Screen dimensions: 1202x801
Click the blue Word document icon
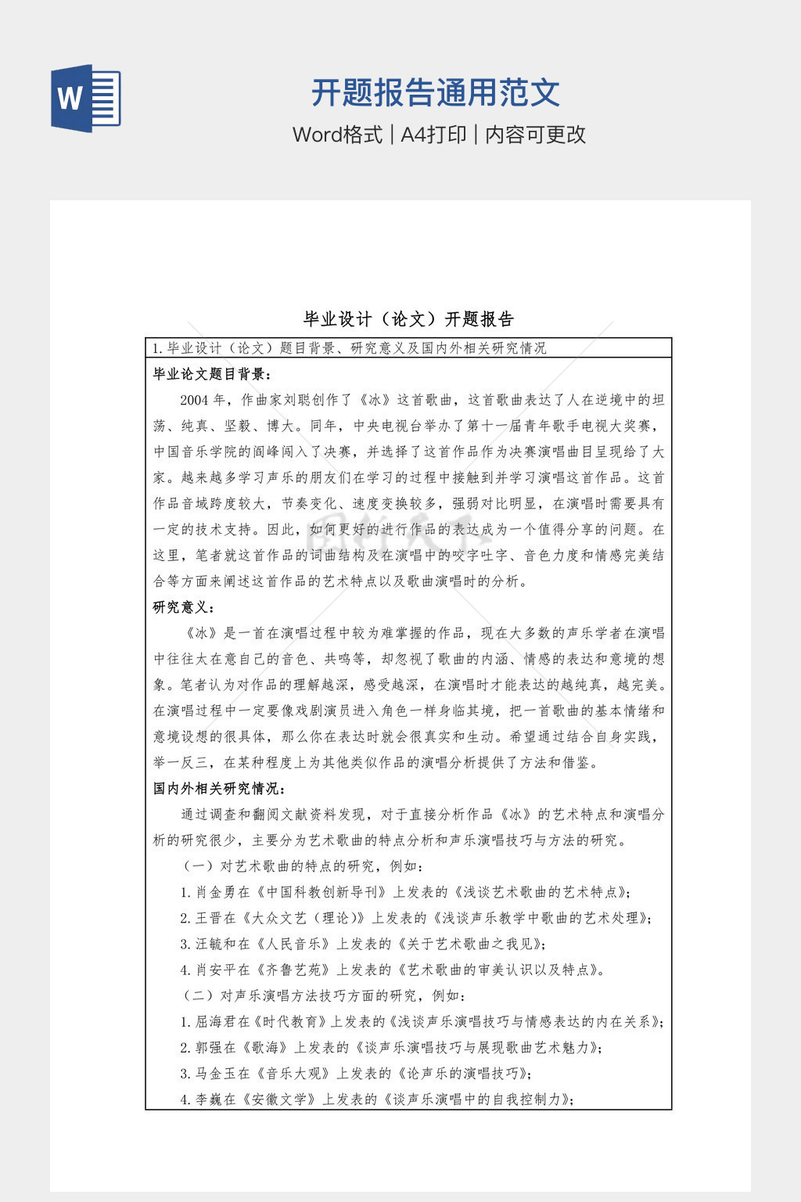[86, 99]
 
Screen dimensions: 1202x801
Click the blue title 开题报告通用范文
[436, 92]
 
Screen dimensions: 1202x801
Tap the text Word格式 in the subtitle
[337, 135]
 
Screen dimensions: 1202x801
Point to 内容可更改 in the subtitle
[536, 135]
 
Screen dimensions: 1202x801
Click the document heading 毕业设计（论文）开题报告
[408, 319]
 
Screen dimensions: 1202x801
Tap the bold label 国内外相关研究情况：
[220, 788]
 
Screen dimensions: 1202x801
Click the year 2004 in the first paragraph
[194, 400]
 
